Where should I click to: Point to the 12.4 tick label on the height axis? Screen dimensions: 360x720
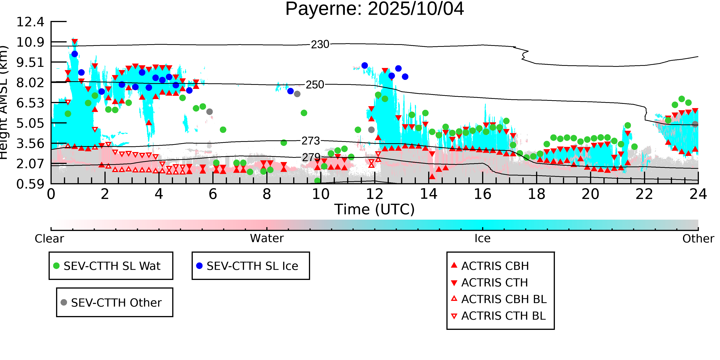[x=30, y=22]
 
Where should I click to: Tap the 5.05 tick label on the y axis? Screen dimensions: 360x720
[x=30, y=123]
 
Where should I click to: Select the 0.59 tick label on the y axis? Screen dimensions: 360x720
[x=30, y=184]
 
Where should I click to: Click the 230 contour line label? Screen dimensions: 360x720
[x=320, y=44]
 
